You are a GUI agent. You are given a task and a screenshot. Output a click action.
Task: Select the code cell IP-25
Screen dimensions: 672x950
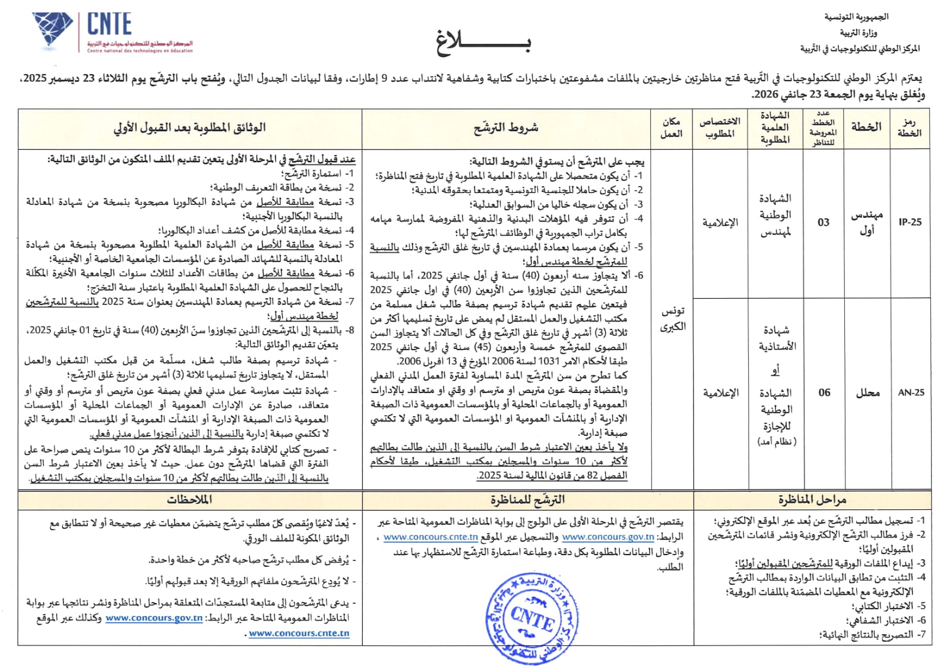coord(910,222)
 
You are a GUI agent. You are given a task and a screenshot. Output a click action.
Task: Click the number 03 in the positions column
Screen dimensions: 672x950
coord(823,223)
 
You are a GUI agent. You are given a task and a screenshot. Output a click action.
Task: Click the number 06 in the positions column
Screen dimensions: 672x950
coord(824,392)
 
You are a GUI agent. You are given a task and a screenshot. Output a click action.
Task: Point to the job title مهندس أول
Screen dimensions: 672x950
coord(867,222)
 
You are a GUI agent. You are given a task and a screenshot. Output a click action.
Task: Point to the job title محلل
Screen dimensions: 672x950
coord(867,392)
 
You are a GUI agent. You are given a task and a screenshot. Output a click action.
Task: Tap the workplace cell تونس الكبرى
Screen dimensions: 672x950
coord(673,319)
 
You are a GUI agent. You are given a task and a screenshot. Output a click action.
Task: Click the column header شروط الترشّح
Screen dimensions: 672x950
coord(506,128)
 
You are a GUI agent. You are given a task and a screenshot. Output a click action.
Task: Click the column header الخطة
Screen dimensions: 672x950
coord(866,127)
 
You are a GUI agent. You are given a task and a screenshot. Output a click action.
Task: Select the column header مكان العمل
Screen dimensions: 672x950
coord(672,128)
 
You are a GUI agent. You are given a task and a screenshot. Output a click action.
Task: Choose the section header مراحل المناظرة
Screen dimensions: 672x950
coord(812,500)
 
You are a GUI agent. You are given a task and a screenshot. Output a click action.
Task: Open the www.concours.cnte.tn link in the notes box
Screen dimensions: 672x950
coord(299,633)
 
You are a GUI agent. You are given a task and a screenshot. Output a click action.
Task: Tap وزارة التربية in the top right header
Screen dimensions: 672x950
coord(858,33)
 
